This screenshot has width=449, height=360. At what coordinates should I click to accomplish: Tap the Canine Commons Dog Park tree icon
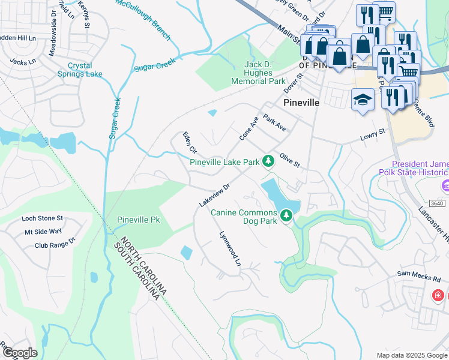coord(287,215)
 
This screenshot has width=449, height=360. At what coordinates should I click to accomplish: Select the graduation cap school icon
coord(363,99)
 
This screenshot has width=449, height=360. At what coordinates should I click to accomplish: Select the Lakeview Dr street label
coord(214,196)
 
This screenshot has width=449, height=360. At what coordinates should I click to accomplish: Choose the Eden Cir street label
coord(190,142)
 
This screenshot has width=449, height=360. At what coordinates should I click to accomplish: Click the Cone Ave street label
coord(249,128)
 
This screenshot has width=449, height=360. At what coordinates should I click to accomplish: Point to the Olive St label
coord(289,159)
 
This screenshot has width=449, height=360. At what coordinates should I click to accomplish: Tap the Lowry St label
coord(372,137)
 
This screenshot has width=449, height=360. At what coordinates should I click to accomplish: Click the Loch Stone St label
coord(42,218)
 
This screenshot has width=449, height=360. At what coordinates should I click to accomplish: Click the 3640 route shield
coord(438,203)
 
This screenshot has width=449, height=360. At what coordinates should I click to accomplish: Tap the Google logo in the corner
coord(19,353)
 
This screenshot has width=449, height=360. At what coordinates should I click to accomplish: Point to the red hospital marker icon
coord(439,295)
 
